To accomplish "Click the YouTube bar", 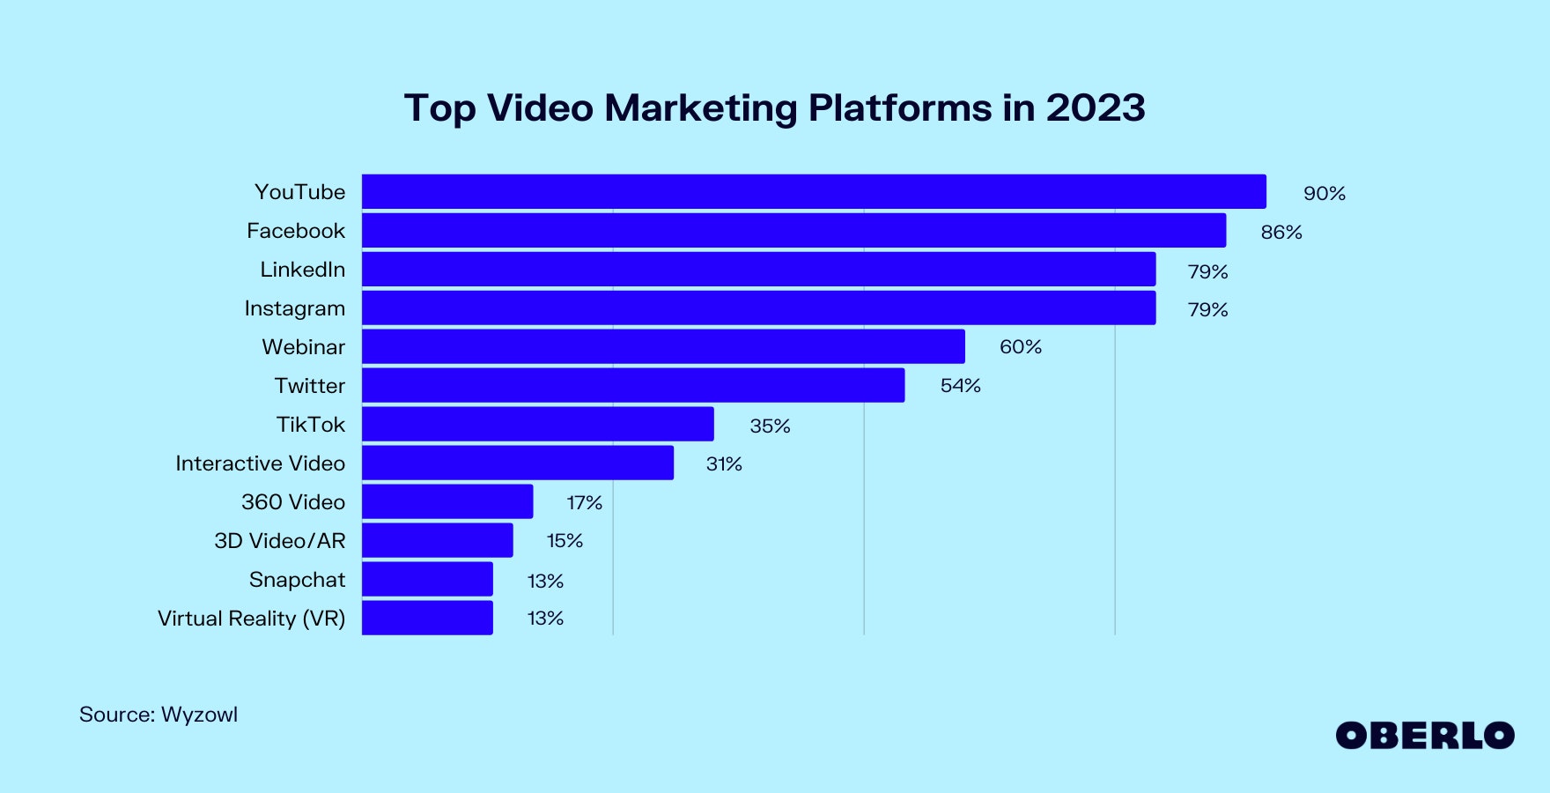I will [814, 192].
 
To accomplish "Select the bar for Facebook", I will [793, 231].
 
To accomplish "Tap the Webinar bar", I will [663, 347].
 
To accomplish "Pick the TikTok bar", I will [537, 425].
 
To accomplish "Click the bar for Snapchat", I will [427, 580].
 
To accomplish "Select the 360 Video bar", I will [447, 502].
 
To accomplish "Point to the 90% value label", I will [1324, 194].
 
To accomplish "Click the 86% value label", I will [1281, 233].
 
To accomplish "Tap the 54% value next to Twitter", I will [960, 386].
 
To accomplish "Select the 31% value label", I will [724, 464].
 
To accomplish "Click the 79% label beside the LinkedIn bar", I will [1207, 272].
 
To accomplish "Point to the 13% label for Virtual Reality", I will [545, 619].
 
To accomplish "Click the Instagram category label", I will [295, 308].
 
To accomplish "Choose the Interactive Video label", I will [260, 463].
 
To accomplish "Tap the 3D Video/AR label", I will [280, 541].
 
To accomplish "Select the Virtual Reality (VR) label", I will [251, 619].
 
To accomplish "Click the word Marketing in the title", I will [701, 108].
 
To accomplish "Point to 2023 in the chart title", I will [1096, 108].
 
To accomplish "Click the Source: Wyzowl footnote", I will [159, 715].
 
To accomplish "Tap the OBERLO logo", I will [1424, 736].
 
